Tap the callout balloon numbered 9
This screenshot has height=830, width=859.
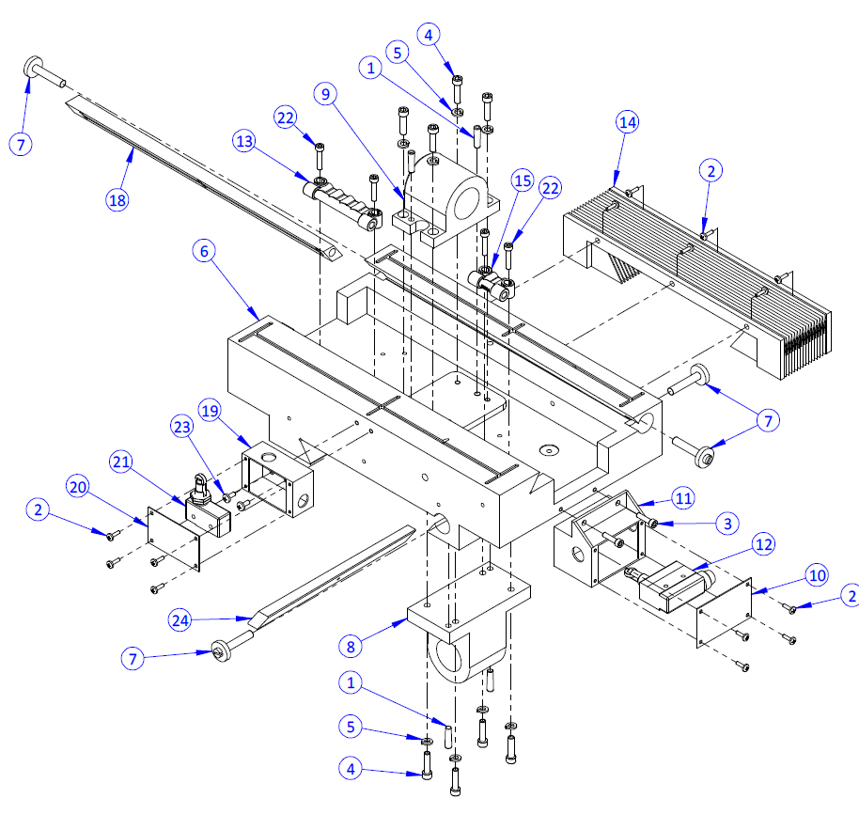coord(326,94)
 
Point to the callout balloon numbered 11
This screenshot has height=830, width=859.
coord(682,497)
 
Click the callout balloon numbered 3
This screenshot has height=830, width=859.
coord(726,524)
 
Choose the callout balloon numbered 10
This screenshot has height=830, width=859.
coord(816,574)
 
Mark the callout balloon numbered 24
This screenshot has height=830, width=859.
coord(181,619)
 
